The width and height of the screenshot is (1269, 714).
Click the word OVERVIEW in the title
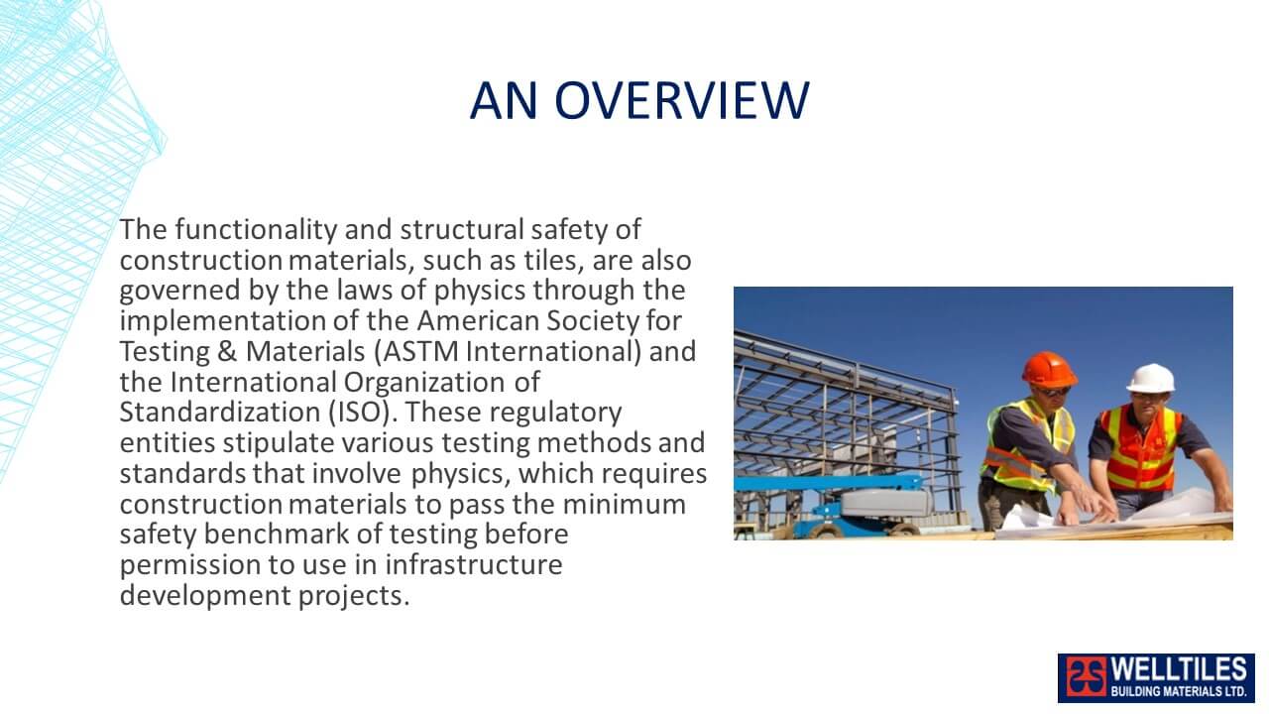pyautogui.click(x=681, y=100)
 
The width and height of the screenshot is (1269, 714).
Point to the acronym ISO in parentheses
pyautogui.click(x=360, y=412)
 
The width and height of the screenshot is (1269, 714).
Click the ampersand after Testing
pyautogui.click(x=227, y=351)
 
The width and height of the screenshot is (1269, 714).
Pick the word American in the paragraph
pyautogui.click(x=478, y=320)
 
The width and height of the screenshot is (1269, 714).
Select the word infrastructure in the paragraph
pyautogui.click(x=474, y=565)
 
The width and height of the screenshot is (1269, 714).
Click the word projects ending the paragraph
pyautogui.click(x=354, y=596)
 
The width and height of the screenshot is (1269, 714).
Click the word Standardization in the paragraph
pyautogui.click(x=220, y=412)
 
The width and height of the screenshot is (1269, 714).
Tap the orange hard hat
pyautogui.click(x=1049, y=369)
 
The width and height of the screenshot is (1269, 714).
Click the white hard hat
pyautogui.click(x=1151, y=378)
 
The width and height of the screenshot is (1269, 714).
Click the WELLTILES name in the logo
pyautogui.click(x=1179, y=668)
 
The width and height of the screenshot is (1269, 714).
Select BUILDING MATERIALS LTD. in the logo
pyautogui.click(x=1179, y=691)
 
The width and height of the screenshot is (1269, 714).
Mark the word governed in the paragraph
pyautogui.click(x=180, y=291)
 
